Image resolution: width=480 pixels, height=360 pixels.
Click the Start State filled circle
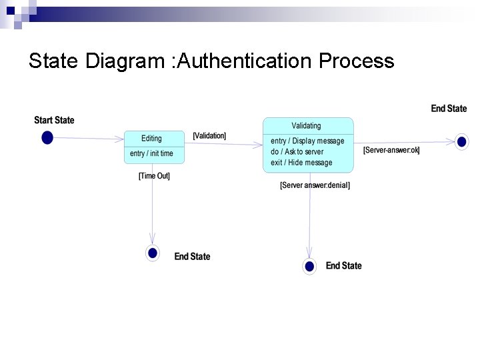point(47,137)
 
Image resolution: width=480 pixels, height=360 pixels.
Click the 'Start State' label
point(54,120)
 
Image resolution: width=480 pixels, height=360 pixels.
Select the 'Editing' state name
point(151,138)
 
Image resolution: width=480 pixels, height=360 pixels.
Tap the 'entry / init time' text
point(151,153)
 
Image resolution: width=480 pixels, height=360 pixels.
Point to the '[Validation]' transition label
point(209,135)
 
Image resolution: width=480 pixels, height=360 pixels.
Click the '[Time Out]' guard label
point(154,176)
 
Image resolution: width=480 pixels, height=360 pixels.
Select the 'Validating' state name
point(306,125)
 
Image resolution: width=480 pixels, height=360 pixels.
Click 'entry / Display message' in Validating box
point(307,141)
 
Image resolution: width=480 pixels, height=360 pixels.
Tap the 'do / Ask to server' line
point(297,151)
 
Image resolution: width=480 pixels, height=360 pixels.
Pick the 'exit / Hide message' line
point(301,163)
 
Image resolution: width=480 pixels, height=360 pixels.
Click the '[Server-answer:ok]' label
point(391,150)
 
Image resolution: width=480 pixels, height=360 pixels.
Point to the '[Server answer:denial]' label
point(315,185)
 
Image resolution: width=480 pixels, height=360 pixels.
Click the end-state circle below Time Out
point(153,253)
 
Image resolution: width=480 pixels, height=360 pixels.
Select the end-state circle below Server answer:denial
point(309,266)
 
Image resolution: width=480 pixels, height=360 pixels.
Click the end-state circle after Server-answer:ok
point(461,141)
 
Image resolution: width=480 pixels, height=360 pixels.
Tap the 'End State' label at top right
point(449,109)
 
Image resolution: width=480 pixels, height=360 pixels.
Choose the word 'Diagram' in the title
point(125,61)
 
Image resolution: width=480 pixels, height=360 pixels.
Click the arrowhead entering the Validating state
point(259,144)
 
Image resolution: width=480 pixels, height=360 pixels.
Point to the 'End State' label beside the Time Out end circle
point(192,257)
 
